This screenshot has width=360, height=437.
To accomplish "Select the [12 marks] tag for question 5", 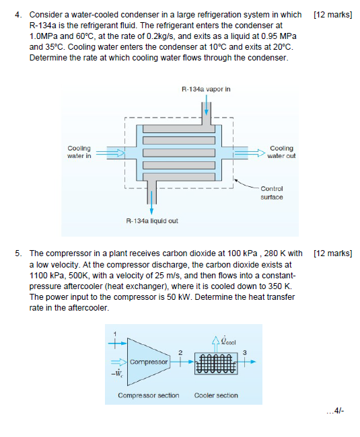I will pyautogui.click(x=333, y=253).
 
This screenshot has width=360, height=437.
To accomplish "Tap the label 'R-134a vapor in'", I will pyautogui.click(x=206, y=88).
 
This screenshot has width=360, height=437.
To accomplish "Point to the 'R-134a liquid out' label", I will pyautogui.click(x=152, y=221).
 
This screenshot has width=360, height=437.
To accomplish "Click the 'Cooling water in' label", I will pyautogui.click(x=79, y=153).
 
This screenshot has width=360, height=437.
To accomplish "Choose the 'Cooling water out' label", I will pyautogui.click(x=281, y=153).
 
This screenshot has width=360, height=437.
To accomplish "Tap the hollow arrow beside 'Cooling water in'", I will pyautogui.click(x=116, y=153).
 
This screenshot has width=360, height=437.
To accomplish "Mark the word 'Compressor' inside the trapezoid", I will pyautogui.click(x=148, y=362).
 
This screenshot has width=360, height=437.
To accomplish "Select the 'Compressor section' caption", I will pyautogui.click(x=148, y=395).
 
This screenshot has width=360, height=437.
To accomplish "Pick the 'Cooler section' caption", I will pyautogui.click(x=216, y=395).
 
